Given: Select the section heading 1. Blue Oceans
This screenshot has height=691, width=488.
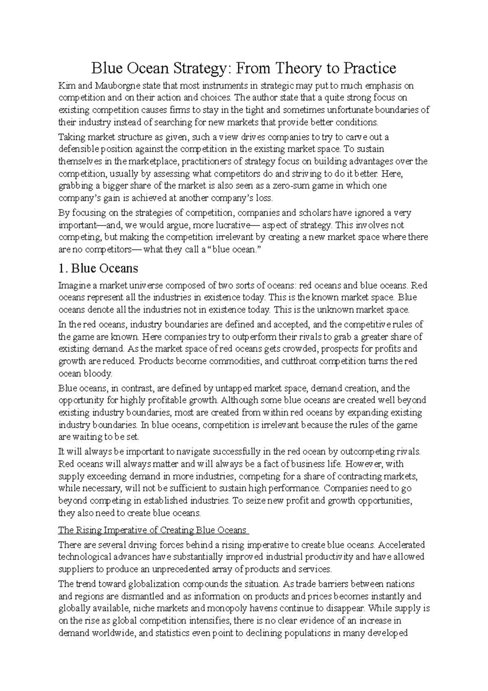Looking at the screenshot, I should [98, 268].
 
